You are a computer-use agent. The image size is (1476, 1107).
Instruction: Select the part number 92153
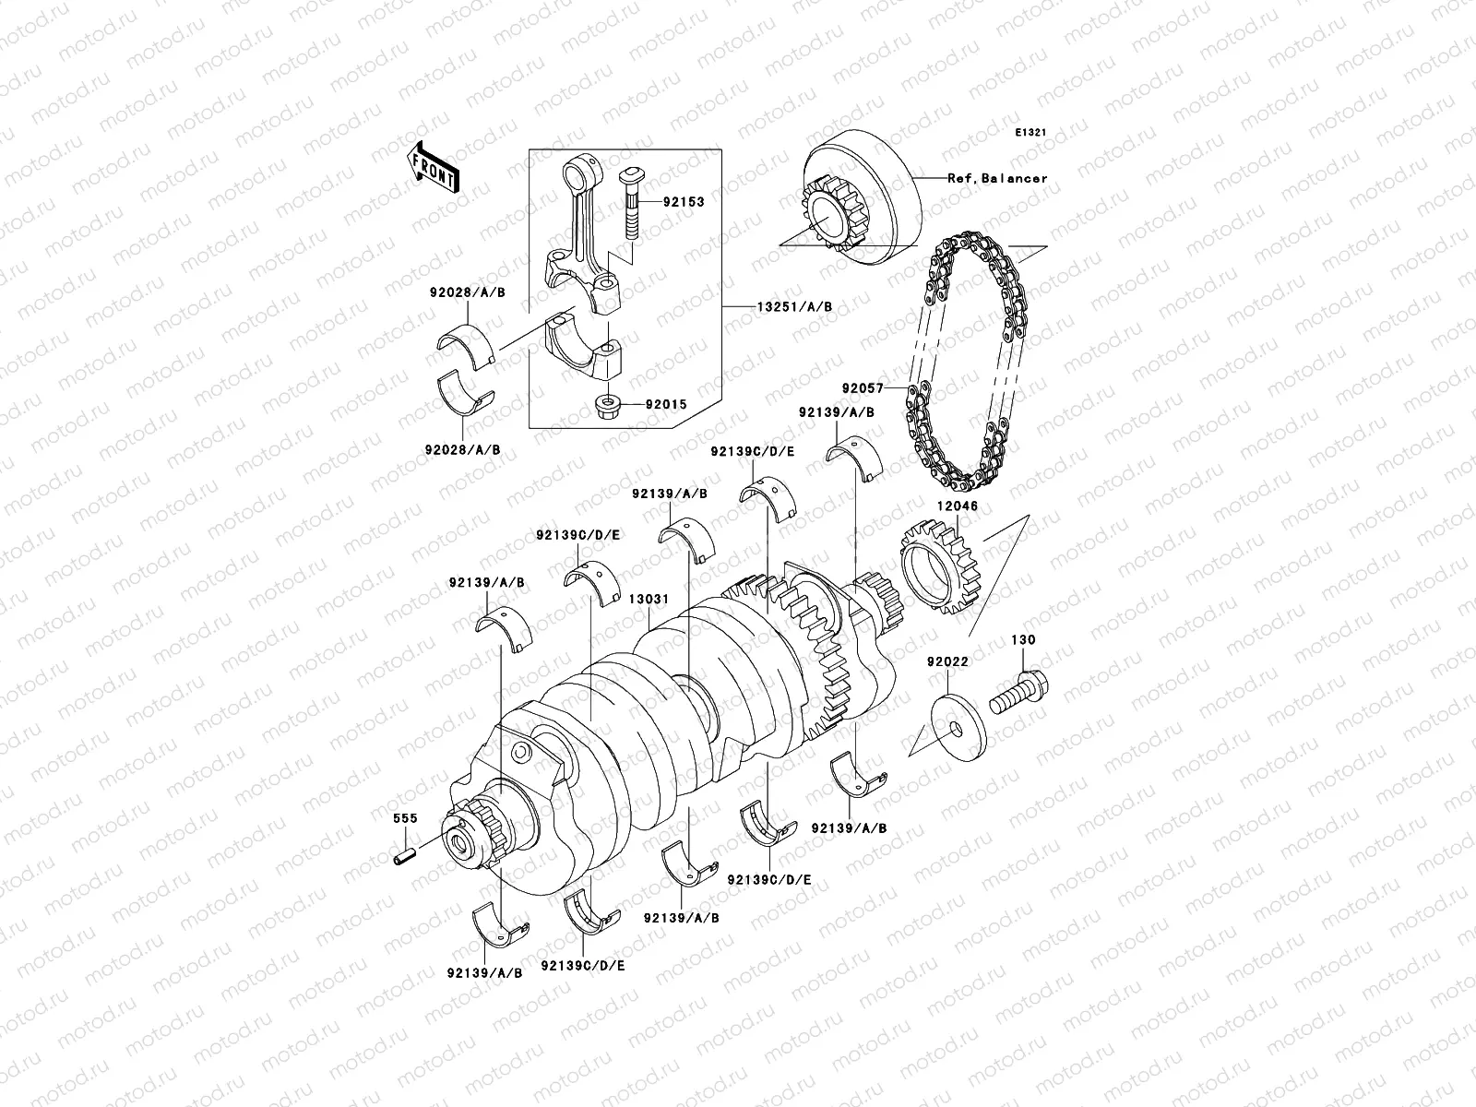pyautogui.click(x=683, y=202)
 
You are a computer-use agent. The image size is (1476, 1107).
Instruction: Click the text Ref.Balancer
pyautogui.click(x=997, y=178)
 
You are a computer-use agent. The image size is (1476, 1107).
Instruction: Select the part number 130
pyautogui.click(x=1022, y=639)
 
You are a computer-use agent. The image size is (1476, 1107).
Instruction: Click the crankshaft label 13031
pyautogui.click(x=649, y=599)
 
